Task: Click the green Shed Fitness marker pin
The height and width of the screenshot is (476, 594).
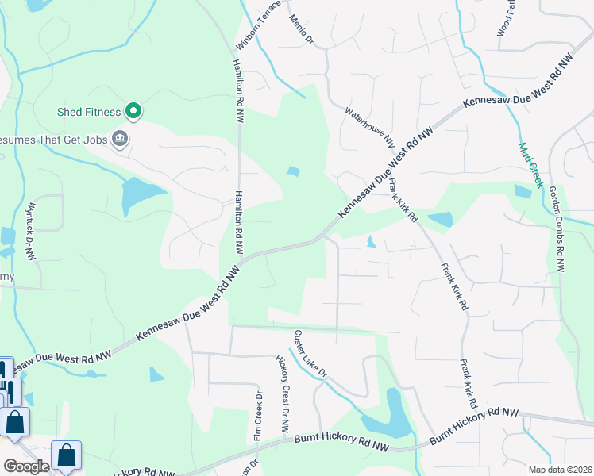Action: click(x=134, y=112)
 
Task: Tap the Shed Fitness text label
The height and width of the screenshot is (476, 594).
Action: click(x=88, y=112)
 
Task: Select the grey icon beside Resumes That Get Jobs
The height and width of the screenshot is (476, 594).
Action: click(x=120, y=140)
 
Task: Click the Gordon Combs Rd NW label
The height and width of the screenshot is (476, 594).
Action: click(x=558, y=233)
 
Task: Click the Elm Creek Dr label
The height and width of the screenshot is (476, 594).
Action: click(x=257, y=416)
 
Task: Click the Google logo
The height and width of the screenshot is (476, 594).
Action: click(x=26, y=466)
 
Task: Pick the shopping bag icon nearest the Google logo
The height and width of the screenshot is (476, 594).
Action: click(x=67, y=456)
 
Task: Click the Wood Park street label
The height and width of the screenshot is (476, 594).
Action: click(x=506, y=17)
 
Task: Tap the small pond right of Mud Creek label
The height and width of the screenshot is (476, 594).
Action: click(x=523, y=191)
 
